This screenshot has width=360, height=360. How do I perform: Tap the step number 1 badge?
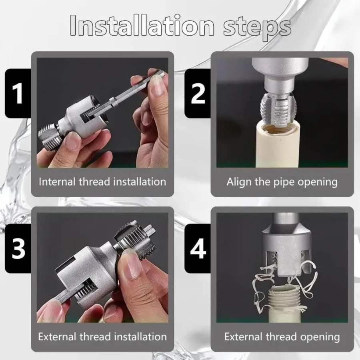[x=18, y=94]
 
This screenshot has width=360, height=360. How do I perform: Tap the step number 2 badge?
[x=198, y=94]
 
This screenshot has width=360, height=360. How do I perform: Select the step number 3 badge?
[x=18, y=249]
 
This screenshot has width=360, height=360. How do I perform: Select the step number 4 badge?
[x=198, y=249]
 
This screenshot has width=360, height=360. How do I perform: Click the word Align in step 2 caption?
[x=239, y=182]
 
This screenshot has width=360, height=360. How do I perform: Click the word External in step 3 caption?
[x=57, y=336]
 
